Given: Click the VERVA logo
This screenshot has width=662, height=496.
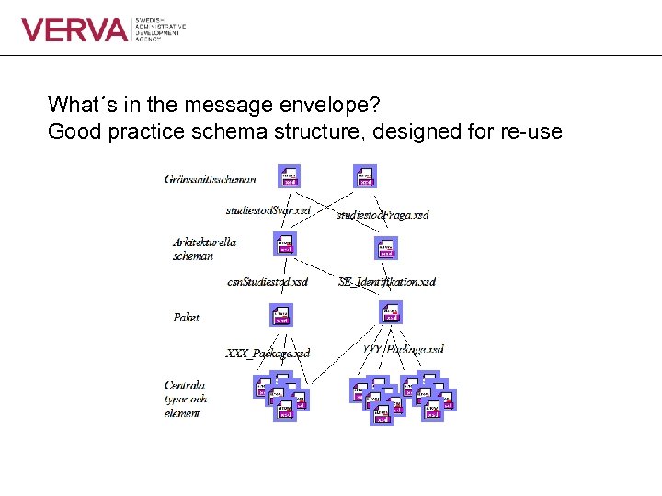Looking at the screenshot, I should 74,30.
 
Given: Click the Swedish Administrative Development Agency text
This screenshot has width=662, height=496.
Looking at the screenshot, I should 160,29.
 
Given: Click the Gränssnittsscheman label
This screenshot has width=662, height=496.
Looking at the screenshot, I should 210,179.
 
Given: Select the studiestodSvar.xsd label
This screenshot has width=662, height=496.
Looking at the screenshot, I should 268,210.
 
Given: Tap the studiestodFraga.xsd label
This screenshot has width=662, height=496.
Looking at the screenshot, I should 382,214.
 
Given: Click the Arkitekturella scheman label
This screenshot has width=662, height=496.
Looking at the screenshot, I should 204,249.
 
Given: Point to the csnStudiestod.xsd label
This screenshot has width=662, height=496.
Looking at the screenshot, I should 267,280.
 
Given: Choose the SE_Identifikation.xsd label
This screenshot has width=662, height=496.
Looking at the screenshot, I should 386,281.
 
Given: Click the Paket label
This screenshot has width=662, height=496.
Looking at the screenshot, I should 186,317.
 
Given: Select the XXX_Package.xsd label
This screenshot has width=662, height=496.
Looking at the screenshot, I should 268,353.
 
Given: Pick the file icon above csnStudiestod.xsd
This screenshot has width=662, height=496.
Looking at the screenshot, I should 285,243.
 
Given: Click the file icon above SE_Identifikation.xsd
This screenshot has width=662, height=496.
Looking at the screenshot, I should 386,248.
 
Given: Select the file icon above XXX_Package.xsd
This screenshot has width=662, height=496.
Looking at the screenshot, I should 281,315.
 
